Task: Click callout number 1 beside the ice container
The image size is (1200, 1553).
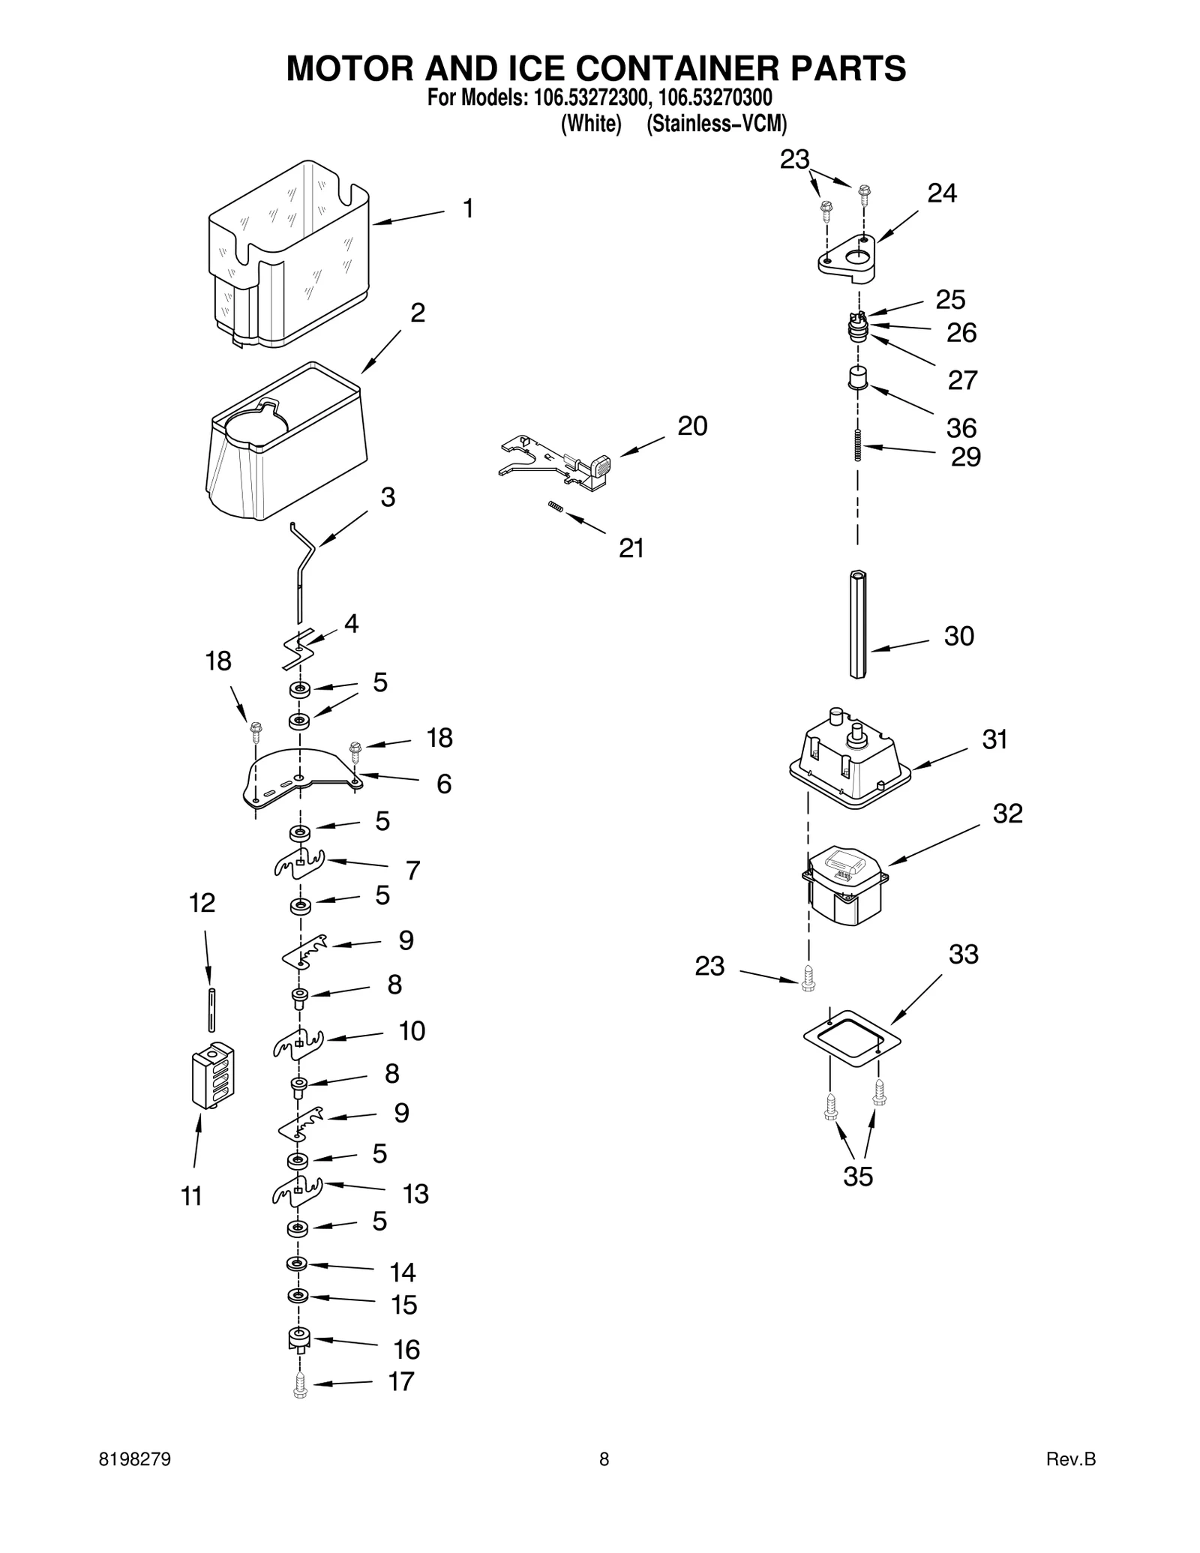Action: (x=467, y=208)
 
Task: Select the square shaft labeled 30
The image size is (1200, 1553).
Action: (x=858, y=624)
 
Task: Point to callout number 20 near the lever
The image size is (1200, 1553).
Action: (x=691, y=426)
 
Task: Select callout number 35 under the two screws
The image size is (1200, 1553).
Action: (x=858, y=1176)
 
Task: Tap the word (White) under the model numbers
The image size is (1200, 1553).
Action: (x=591, y=124)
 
